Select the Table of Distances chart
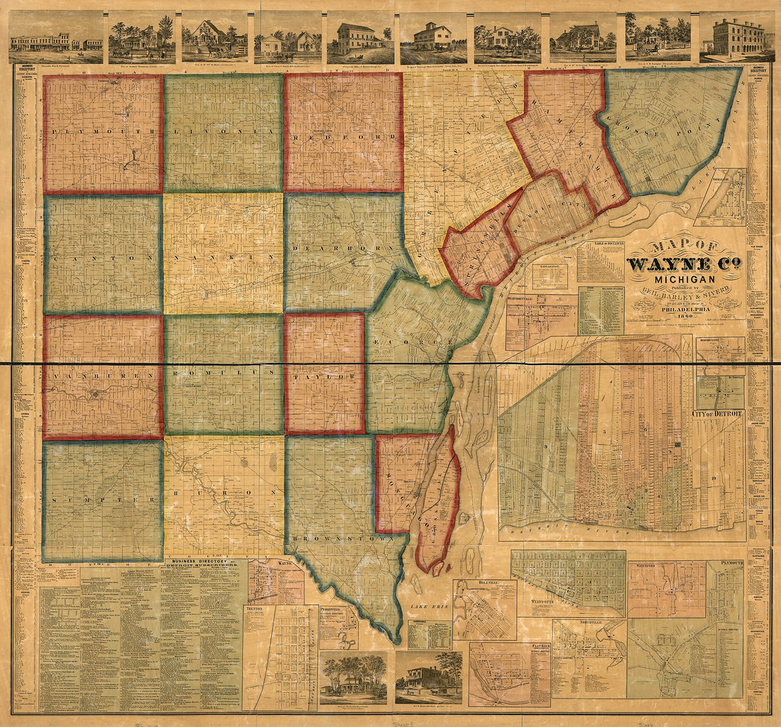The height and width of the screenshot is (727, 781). [600, 262]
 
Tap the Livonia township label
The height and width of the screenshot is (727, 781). [223, 133]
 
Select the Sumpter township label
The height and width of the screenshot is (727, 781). [102, 500]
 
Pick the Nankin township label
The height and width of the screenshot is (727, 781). [223, 253]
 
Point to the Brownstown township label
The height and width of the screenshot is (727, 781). [346, 537]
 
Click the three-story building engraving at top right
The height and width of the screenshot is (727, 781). [737, 36]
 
